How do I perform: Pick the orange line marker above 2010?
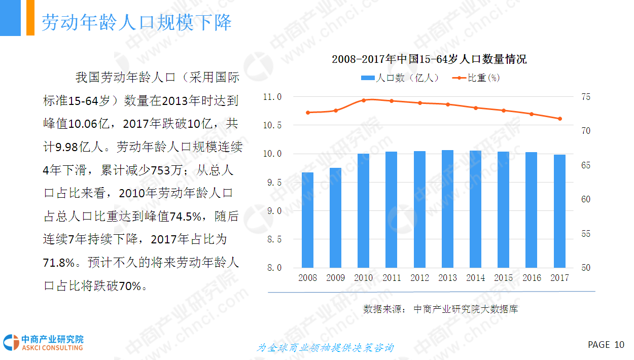(364, 100)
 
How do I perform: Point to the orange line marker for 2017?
(560, 119)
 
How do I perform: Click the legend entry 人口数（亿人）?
(400, 78)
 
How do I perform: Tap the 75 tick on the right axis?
(585, 97)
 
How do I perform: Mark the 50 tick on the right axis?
(585, 268)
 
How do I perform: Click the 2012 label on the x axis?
(419, 278)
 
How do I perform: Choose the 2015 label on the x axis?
(503, 278)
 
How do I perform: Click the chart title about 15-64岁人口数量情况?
(429, 59)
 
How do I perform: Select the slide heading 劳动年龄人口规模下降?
(136, 22)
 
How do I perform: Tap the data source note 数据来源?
(440, 309)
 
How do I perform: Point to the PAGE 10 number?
(606, 345)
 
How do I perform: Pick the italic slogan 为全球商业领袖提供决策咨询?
(325, 348)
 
